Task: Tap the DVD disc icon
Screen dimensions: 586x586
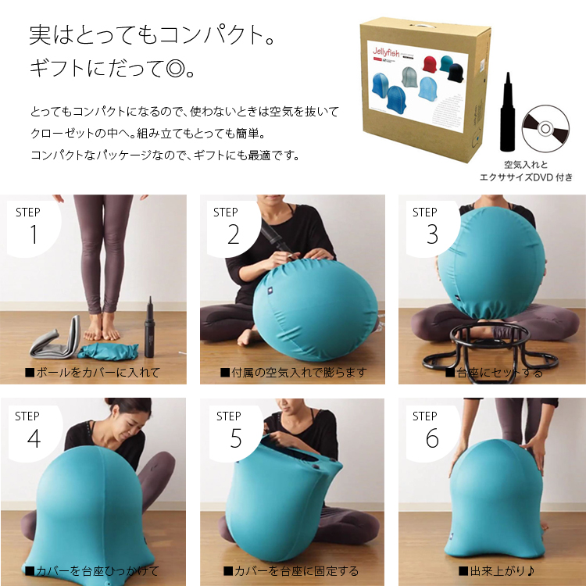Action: point(545,125)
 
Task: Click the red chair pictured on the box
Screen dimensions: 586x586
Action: point(429,64)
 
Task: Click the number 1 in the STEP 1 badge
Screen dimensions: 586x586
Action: point(34,234)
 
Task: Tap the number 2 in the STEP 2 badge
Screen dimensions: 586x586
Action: point(233,234)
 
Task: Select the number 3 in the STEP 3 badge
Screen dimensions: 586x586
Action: point(432,234)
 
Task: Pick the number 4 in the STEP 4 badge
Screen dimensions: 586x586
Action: point(34,439)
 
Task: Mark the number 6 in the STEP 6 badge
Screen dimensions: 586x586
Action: point(432,439)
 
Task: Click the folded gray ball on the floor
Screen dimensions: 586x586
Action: point(55,336)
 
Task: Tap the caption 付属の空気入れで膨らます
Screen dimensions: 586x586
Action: point(293,373)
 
